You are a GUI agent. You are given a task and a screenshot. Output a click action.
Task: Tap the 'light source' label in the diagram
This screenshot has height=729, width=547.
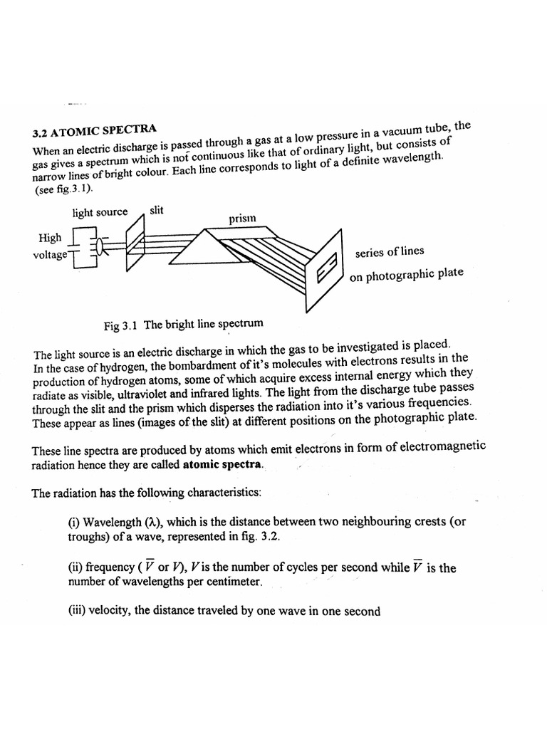click(x=100, y=212)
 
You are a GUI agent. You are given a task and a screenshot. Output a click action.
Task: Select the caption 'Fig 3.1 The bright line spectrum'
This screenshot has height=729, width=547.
click(x=183, y=324)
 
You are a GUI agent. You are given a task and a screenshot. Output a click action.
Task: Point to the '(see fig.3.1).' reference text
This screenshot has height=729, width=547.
click(x=63, y=191)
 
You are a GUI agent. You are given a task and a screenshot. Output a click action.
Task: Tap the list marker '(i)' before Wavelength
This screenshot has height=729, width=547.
click(x=73, y=522)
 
